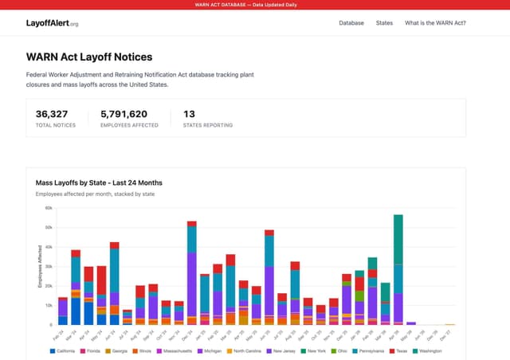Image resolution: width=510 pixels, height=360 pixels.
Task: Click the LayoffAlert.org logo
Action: [53, 23]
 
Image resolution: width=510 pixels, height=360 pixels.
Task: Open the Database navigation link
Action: [351, 23]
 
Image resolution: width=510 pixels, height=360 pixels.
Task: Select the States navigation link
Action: [384, 23]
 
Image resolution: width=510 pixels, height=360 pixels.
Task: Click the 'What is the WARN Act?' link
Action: [435, 23]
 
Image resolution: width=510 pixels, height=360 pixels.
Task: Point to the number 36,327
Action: [52, 114]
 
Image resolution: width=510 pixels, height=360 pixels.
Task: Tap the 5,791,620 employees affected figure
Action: [124, 114]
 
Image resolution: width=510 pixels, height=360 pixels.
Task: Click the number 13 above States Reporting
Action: [189, 114]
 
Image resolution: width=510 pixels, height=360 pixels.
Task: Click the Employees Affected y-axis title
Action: [40, 267]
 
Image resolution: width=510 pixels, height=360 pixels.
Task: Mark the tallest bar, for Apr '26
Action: [398, 270]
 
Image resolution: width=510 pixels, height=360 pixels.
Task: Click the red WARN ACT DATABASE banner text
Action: [255, 5]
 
